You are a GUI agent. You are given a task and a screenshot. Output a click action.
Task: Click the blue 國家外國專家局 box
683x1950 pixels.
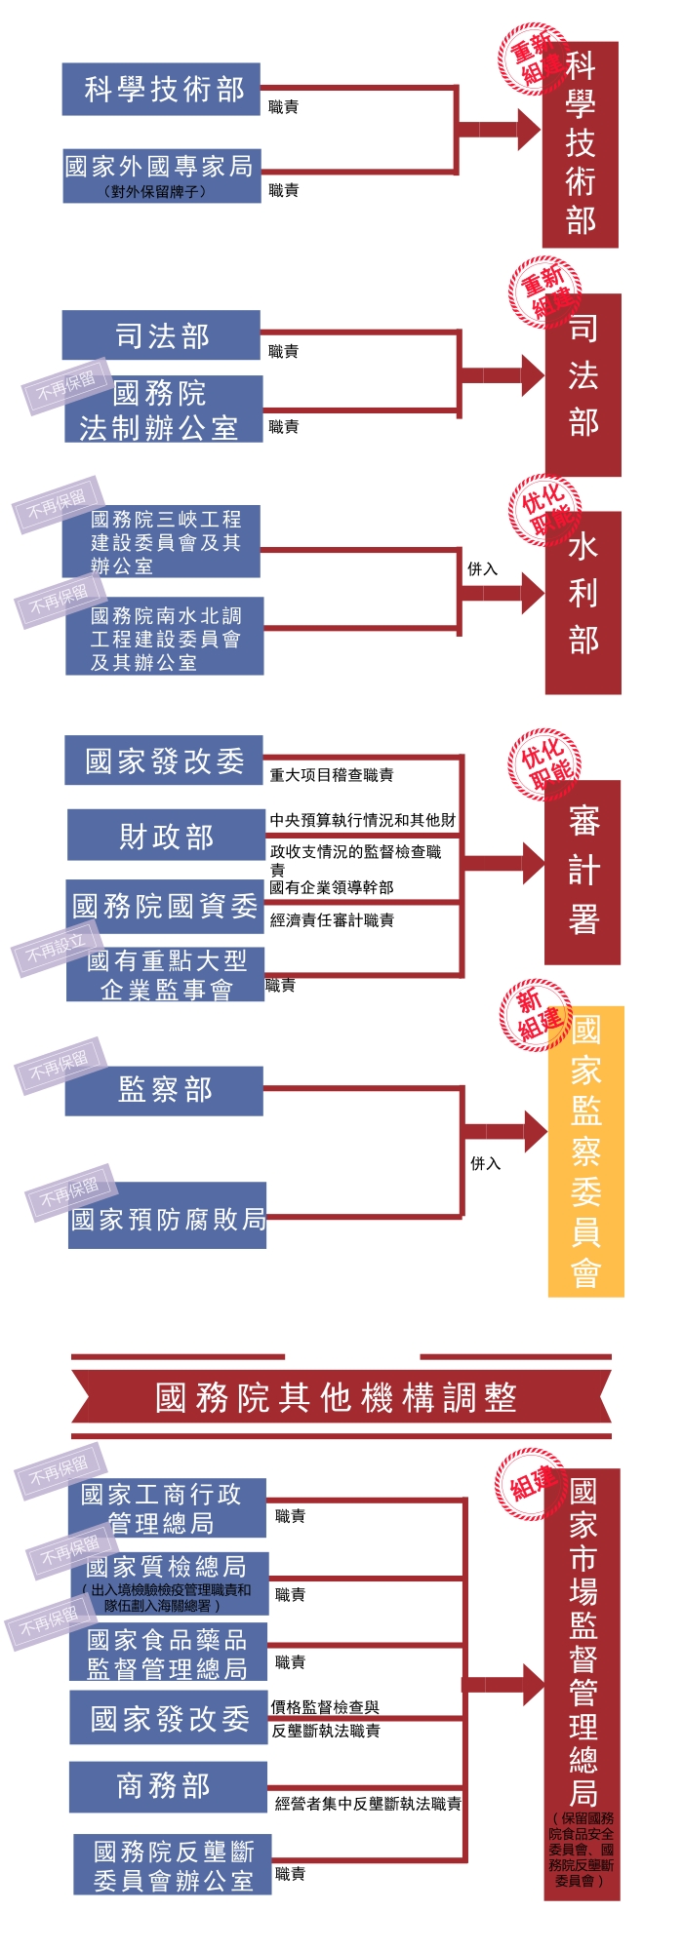pos(162,175)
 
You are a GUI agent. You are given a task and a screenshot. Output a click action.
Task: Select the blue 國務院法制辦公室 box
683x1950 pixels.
pos(163,409)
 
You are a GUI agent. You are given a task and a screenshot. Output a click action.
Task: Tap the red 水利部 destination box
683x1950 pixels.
pos(583,603)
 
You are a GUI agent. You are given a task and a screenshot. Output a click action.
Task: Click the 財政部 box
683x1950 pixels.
pos(166,836)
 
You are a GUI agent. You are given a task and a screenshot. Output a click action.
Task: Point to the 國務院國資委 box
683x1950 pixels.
pos(165,906)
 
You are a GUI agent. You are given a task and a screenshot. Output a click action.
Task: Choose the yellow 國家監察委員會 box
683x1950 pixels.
pos(585,1150)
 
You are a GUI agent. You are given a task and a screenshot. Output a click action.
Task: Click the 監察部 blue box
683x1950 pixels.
pos(164,1090)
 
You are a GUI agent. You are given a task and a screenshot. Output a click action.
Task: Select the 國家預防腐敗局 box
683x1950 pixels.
pos(168,1218)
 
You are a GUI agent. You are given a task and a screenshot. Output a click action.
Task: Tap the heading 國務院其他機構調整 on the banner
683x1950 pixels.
pos(336,1397)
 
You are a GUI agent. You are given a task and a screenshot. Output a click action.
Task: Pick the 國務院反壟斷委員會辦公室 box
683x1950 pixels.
pos(172,1865)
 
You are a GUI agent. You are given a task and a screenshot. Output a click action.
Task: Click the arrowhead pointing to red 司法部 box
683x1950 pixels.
pos(532,375)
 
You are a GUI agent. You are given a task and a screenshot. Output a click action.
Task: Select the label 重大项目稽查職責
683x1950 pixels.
pos(332,775)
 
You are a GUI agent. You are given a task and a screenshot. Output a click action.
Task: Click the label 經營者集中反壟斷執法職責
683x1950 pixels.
pos(368,1804)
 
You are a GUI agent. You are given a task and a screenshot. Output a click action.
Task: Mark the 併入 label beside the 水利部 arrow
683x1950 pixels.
pos(482,568)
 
